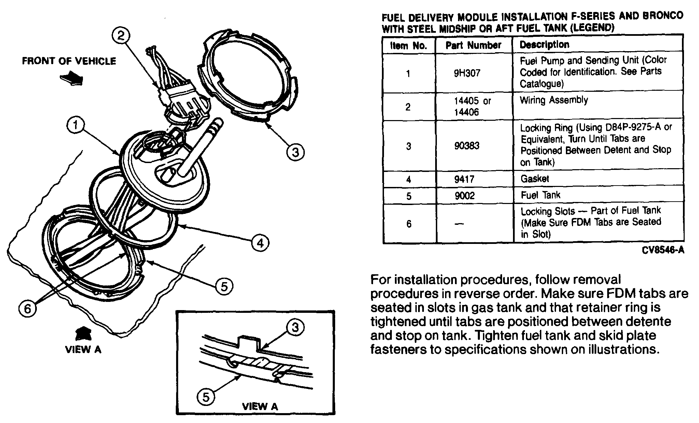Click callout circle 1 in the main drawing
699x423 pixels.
pyautogui.click(x=75, y=125)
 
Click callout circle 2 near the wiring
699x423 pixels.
pyautogui.click(x=121, y=36)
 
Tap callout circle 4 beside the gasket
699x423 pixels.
pyautogui.click(x=260, y=243)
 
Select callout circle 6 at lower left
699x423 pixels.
pyautogui.click(x=27, y=309)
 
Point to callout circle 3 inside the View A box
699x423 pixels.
pyautogui.click(x=295, y=327)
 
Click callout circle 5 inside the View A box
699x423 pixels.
pyautogui.click(x=206, y=397)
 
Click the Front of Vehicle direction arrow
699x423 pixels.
pyautogui.click(x=72, y=78)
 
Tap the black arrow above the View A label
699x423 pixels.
pyautogui.click(x=83, y=333)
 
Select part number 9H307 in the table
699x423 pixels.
pyautogui.click(x=467, y=73)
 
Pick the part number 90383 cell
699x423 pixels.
pyautogui.click(x=467, y=146)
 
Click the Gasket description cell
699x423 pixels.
pyautogui.click(x=534, y=178)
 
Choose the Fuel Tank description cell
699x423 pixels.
pyautogui.click(x=540, y=195)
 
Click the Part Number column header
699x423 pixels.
pyautogui.click(x=473, y=45)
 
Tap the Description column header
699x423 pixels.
pyautogui.click(x=544, y=45)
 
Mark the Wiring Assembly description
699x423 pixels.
pyautogui.click(x=554, y=100)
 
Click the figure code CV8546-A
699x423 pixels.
pyautogui.click(x=663, y=250)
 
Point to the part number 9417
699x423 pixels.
pyautogui.click(x=464, y=179)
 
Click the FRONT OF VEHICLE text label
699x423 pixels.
pyautogui.click(x=69, y=61)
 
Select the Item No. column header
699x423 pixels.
pyautogui.click(x=409, y=46)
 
